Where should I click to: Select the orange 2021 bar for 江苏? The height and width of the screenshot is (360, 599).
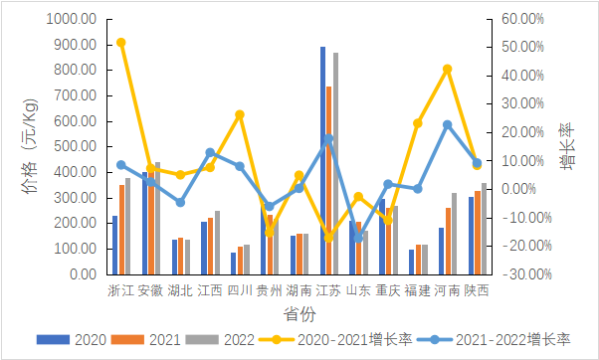point(328,179)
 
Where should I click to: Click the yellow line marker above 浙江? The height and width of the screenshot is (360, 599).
point(120,43)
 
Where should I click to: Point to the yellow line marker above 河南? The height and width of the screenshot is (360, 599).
point(448,69)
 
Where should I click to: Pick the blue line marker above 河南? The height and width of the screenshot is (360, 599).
point(448,124)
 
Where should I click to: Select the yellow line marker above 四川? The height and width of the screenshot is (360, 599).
point(240,115)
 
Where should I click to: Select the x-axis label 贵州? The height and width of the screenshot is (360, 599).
point(269,291)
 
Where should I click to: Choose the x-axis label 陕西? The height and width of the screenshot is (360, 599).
point(477,291)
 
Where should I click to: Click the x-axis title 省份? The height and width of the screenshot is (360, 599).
point(299,313)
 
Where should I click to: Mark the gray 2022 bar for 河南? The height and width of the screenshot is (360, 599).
point(454,235)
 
